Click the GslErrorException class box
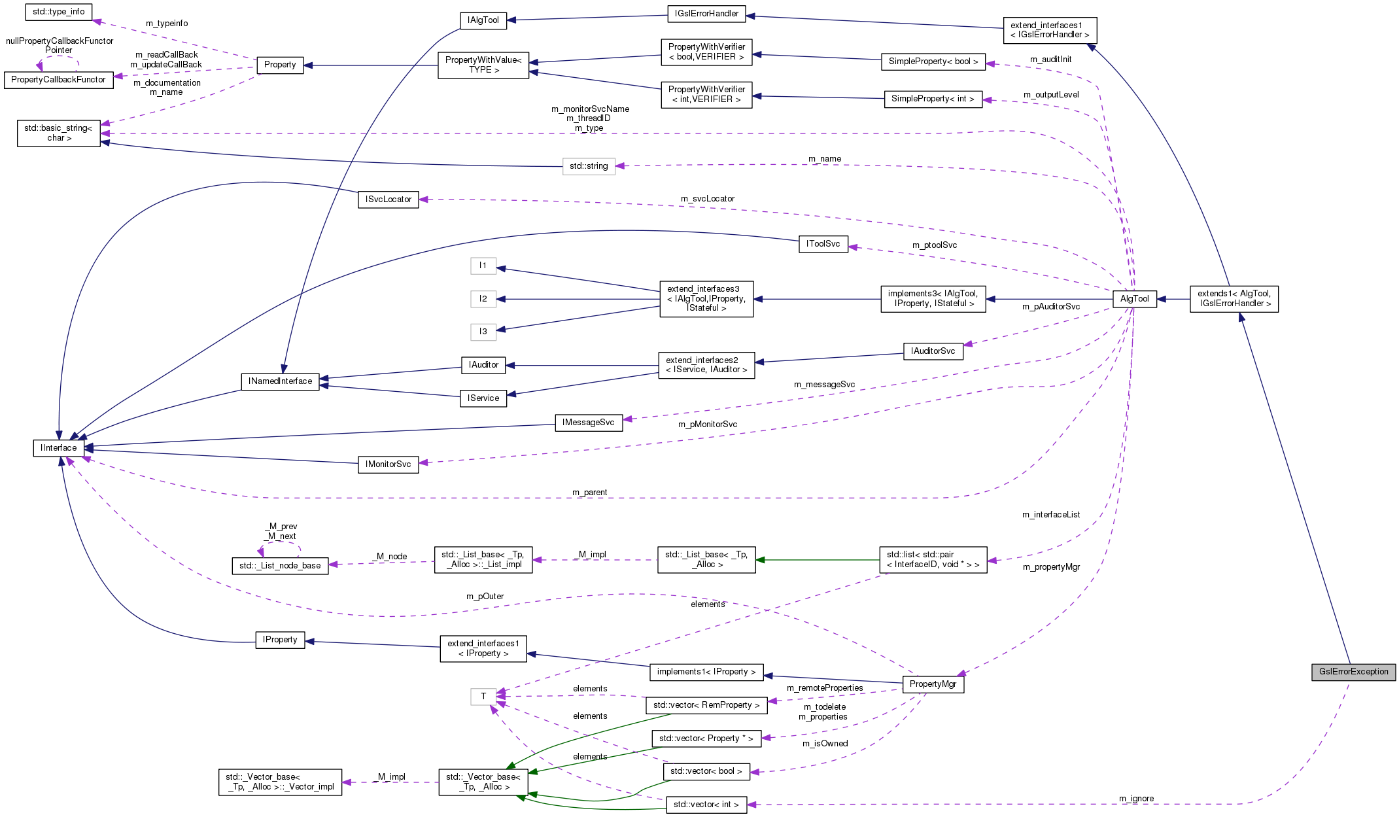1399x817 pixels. tap(1353, 672)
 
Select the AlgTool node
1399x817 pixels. tap(1134, 299)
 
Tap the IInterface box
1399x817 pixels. tap(58, 448)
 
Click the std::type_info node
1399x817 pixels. tap(58, 12)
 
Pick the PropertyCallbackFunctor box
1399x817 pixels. tap(58, 80)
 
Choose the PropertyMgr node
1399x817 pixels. tap(933, 684)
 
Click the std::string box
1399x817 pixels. tap(588, 166)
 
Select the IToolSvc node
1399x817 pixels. tap(823, 244)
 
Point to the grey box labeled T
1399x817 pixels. tap(483, 697)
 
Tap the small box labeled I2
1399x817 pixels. tap(483, 299)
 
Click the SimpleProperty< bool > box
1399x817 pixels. tap(933, 61)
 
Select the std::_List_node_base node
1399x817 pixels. tap(280, 566)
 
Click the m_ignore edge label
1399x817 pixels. tap(1136, 799)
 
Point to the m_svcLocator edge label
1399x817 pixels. tap(707, 199)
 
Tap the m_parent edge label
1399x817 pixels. tap(589, 493)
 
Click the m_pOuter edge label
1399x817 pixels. tap(485, 597)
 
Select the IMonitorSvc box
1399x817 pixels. tap(388, 464)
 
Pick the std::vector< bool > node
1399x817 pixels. tap(706, 771)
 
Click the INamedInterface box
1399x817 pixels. tap(280, 381)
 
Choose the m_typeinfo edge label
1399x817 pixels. tap(167, 24)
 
